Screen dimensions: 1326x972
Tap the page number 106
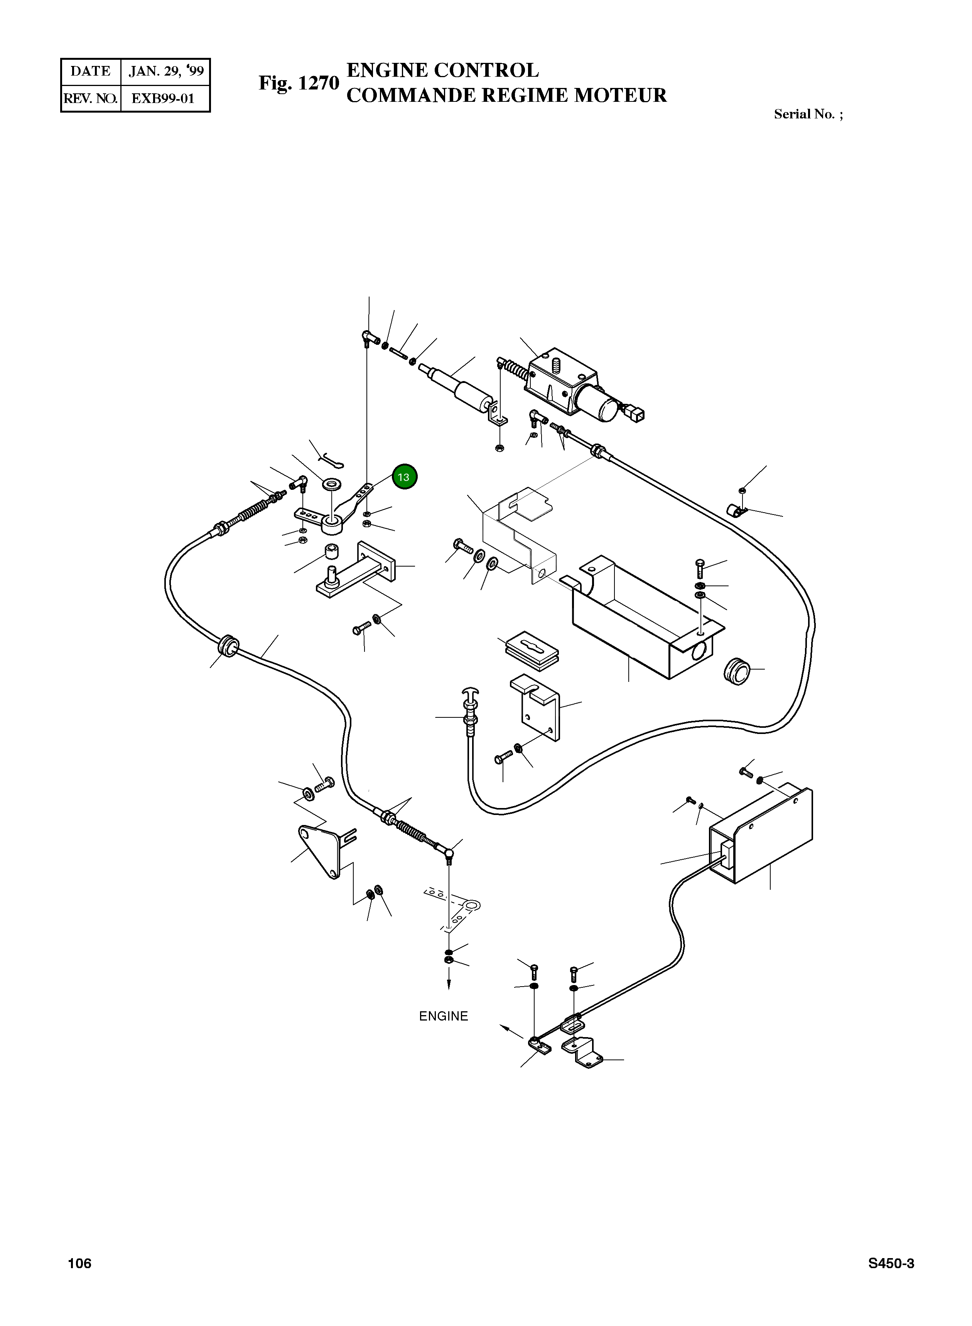coord(79,1264)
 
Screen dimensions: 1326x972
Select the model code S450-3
coord(891,1264)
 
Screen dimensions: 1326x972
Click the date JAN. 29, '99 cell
coord(166,71)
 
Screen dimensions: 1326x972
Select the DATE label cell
coord(91,71)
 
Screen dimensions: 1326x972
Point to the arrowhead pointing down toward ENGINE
coord(449,985)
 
